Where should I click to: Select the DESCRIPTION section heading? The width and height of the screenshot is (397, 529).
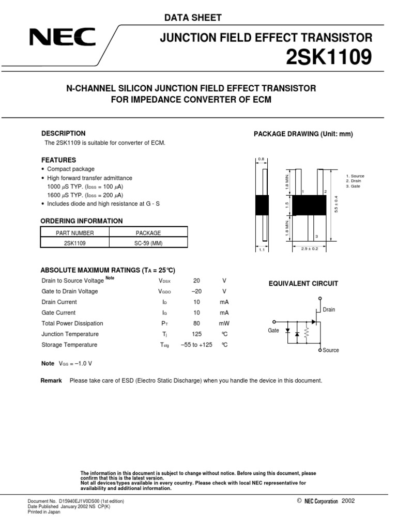[63, 133]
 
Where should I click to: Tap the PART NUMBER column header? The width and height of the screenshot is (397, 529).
[75, 233]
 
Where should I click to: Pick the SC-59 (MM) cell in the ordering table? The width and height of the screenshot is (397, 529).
[148, 243]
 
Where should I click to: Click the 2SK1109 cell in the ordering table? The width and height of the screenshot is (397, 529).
[75, 243]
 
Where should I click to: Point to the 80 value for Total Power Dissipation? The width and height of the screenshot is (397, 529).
[196, 323]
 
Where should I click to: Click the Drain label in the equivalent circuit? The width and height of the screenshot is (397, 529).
[329, 310]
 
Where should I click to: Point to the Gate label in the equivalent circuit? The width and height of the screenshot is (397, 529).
[273, 330]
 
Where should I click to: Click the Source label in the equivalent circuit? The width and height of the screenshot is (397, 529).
[330, 350]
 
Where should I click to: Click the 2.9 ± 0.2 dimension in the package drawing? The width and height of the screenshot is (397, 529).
[309, 249]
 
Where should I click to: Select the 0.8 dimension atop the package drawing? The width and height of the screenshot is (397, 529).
[261, 159]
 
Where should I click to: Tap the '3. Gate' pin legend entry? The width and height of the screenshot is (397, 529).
[353, 186]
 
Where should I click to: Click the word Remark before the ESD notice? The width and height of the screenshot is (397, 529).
[51, 381]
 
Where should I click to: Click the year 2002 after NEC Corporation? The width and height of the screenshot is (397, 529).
[348, 501]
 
